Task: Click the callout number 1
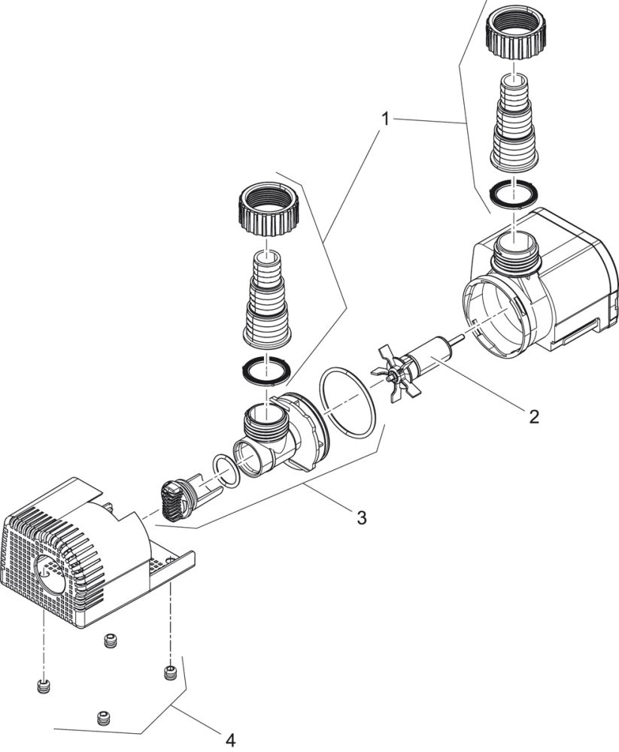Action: tap(385, 119)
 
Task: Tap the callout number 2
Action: tap(533, 416)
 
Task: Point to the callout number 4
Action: tap(229, 740)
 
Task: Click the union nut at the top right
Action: tap(514, 35)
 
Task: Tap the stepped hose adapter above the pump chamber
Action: tap(266, 301)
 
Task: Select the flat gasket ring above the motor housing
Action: tap(511, 195)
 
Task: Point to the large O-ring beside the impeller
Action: tap(347, 403)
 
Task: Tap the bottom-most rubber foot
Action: tap(103, 718)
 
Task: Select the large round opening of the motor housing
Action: tap(496, 314)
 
